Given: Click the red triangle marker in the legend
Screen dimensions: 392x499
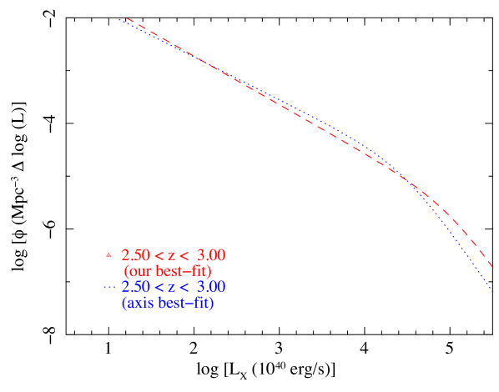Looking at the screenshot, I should [x=108, y=254].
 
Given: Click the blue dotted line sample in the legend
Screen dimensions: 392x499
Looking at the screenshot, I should [x=109, y=287].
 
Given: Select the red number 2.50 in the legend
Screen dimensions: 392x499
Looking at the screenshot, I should [x=134, y=255].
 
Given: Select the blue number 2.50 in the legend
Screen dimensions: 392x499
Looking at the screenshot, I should [x=134, y=287].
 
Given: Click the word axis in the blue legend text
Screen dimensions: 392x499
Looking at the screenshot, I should [x=139, y=304].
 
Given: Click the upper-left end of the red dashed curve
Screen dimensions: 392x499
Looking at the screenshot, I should [x=127, y=18].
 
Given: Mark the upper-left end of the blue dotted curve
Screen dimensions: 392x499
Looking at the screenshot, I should [x=119, y=19].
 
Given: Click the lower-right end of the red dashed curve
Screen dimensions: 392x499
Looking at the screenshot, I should [x=493, y=269].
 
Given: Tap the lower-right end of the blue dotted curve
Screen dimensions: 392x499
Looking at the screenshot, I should [x=493, y=292].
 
